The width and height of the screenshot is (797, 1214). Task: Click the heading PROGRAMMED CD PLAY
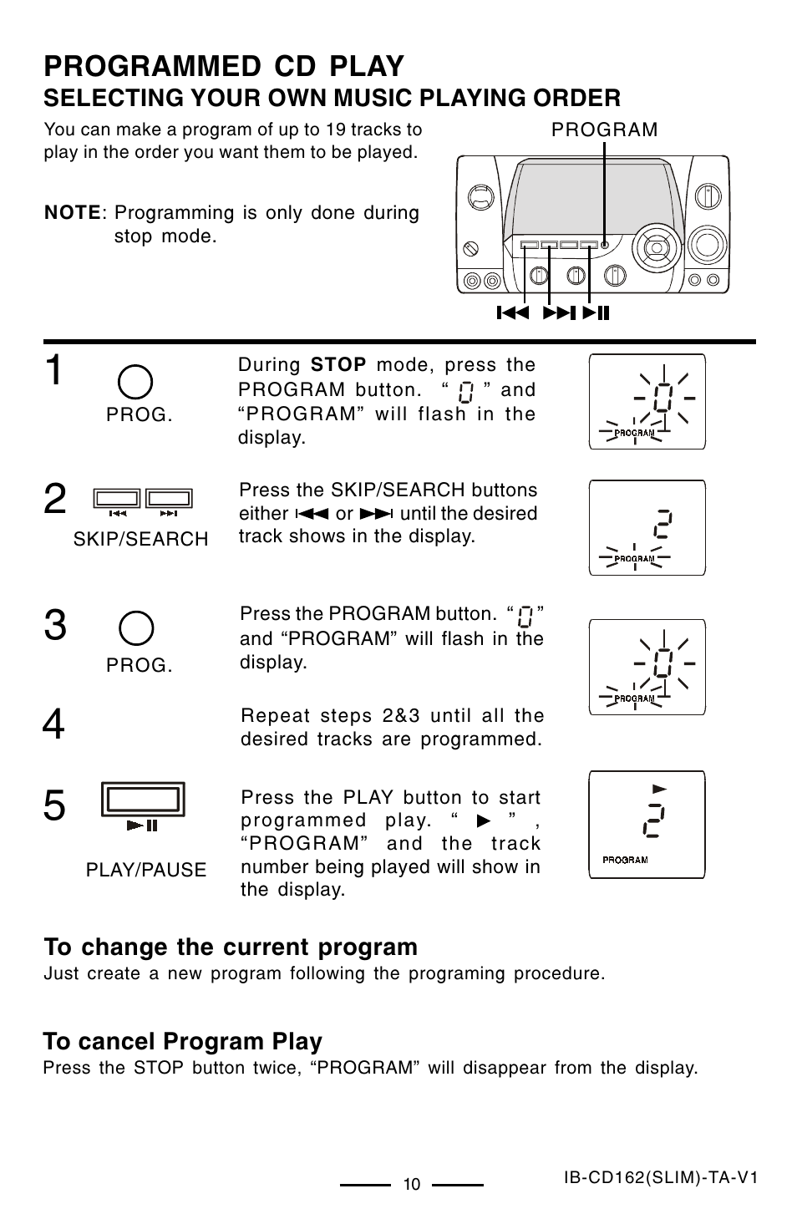pos(224,66)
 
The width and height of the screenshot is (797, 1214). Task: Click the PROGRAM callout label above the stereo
pos(604,130)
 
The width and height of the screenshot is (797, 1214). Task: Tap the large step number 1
pos(53,370)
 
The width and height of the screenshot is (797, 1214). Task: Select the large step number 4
pos(53,724)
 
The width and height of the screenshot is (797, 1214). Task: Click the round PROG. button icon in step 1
pos(135,382)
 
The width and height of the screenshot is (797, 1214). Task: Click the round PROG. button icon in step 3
pos(136,628)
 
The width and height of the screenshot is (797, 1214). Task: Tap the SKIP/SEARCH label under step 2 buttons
pos(140,540)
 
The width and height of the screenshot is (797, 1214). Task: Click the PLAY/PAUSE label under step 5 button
pos(146,870)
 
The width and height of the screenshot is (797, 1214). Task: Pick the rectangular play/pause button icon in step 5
pos(143,800)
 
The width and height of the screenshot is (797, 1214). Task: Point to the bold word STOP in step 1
pos(338,365)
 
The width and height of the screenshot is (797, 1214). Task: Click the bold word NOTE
pos(73,213)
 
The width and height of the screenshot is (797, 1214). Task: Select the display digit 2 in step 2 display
pos(659,525)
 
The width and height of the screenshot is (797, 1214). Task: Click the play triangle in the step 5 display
pos(660,789)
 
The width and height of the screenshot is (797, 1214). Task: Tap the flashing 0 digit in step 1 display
pos(662,399)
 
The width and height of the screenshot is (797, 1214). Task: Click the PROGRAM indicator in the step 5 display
pos(625,859)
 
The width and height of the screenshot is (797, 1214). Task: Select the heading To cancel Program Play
pos(182,1041)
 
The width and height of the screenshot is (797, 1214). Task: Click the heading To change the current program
pos(231,947)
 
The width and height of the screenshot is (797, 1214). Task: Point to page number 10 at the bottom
pos(411,1184)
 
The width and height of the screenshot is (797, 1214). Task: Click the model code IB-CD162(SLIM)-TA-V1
pos(660,1177)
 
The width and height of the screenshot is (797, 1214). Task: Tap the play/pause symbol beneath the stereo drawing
pos(596,313)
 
